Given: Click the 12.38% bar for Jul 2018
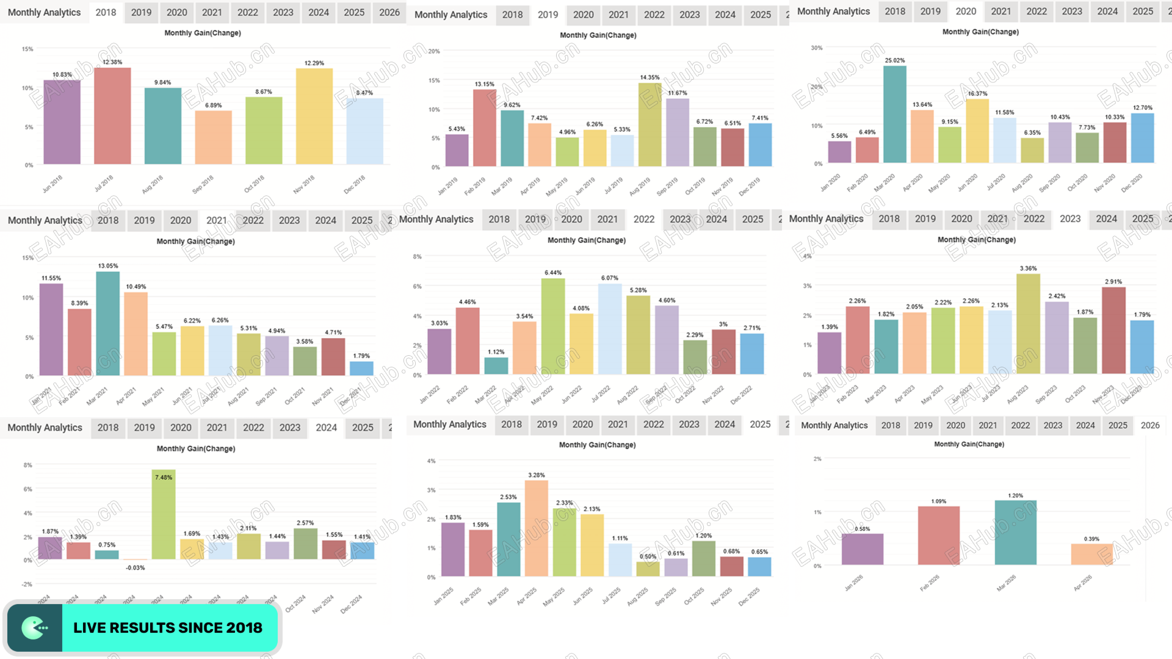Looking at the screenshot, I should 112,116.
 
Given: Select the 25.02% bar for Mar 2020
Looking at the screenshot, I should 894,114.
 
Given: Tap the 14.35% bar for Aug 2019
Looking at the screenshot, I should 649,124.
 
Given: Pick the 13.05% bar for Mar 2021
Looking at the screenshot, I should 108,323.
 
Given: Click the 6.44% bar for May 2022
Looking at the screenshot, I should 553,326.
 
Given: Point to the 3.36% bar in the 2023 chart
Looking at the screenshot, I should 1028,323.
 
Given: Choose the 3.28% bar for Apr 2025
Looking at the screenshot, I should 536,528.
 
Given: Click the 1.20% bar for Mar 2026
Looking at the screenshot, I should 1015,532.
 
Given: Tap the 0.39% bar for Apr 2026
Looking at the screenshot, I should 1091,554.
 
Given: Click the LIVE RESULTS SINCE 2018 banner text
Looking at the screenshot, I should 168,628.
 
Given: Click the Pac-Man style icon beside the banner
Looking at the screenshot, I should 35,628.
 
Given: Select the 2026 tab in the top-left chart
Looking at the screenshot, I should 389,12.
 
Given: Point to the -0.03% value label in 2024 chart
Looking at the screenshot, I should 135,568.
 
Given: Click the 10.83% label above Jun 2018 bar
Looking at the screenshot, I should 62,74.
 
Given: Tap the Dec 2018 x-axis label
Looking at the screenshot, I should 354,184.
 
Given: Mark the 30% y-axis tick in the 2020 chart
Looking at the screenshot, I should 816,48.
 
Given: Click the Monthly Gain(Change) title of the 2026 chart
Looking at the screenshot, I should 969,444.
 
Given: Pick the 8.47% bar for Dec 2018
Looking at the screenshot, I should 364,131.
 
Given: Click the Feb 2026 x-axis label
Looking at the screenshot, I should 930,583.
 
